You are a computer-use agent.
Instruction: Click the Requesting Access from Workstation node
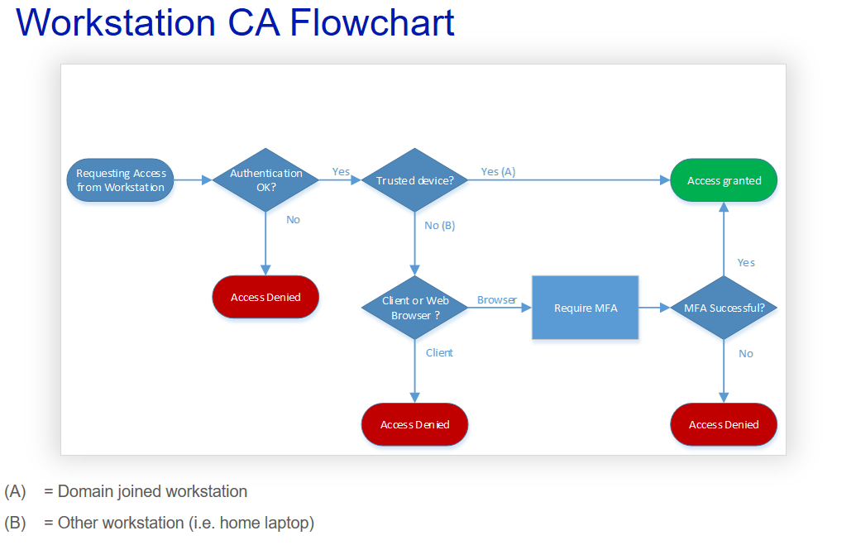coord(121,180)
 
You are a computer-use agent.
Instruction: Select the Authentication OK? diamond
coord(265,180)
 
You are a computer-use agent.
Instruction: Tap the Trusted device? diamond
coord(414,180)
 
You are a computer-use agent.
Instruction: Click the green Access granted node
coord(724,180)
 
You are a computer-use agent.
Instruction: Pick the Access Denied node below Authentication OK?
coord(265,297)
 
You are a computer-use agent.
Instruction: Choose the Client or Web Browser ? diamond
coord(414,308)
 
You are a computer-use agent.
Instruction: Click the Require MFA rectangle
coord(585,308)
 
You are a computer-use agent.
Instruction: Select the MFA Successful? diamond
coord(724,308)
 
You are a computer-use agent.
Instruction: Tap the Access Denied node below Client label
coord(414,424)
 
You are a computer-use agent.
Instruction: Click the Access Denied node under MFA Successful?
coord(724,424)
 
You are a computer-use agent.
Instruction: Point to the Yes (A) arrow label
coord(498,171)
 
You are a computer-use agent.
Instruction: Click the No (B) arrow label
coord(439,225)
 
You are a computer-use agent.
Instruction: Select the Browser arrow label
coord(496,299)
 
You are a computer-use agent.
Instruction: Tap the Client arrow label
coord(439,352)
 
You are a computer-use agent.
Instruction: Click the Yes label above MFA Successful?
coord(746,262)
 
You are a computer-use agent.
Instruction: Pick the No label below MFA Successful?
coord(746,353)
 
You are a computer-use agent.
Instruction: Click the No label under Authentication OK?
coord(293,219)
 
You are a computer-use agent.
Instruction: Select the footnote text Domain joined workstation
coord(152,491)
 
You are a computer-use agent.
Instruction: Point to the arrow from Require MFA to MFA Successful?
coord(654,308)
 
